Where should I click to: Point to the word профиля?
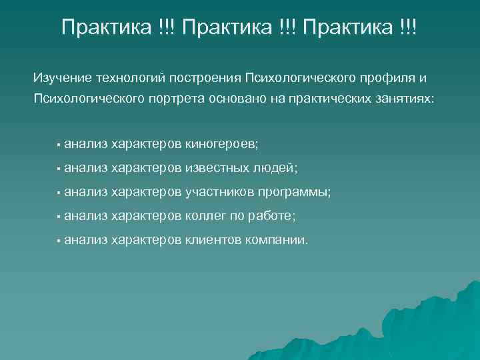392,78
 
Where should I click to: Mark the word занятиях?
405,99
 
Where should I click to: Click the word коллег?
204,216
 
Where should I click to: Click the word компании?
277,240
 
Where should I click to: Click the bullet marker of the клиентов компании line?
59,241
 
